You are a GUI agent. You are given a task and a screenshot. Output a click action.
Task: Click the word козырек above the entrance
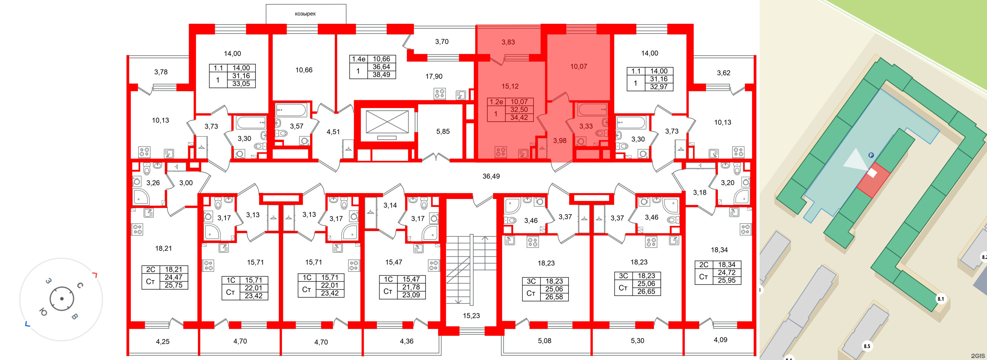(305, 14)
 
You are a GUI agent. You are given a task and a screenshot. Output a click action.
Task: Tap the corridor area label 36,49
(491, 176)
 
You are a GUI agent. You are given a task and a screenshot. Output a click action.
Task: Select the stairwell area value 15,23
(471, 316)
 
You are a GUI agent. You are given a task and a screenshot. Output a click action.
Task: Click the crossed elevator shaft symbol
(387, 122)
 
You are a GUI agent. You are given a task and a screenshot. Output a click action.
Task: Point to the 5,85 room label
(443, 131)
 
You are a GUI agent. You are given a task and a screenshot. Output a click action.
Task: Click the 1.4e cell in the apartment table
(359, 59)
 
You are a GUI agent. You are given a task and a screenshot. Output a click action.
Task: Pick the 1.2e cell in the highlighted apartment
(496, 102)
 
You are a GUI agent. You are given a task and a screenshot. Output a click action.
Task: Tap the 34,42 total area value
(519, 117)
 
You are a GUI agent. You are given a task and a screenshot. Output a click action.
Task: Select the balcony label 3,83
(508, 42)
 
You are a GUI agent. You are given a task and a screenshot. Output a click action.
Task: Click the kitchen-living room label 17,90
(434, 76)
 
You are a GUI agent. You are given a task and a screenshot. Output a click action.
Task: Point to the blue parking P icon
(871, 155)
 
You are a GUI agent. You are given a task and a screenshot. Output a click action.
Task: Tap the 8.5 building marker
(867, 346)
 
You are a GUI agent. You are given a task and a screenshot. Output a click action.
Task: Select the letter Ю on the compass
(43, 313)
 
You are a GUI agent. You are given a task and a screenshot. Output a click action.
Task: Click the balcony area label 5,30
(638, 341)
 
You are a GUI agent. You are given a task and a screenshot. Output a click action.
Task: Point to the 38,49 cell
(381, 75)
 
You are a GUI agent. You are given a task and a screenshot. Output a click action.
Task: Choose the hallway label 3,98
(559, 140)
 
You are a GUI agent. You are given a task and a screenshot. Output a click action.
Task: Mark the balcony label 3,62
(723, 73)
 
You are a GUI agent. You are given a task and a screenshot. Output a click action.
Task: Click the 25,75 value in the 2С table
(173, 285)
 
